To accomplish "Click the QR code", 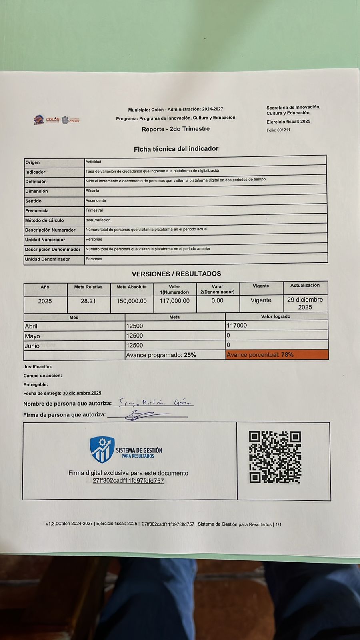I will [x=274, y=457].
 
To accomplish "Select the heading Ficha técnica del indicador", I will [x=176, y=149].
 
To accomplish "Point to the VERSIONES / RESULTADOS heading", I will [x=176, y=274].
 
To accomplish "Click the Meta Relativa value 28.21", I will [x=88, y=301].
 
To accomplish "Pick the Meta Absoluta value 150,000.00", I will [x=132, y=301].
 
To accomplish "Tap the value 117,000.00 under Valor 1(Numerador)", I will [x=174, y=301].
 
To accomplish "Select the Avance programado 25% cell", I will [x=161, y=355].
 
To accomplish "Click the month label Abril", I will [x=31, y=326].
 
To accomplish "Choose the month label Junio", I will [x=32, y=346].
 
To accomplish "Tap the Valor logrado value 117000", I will [x=237, y=326].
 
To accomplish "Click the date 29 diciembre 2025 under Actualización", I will [x=305, y=303].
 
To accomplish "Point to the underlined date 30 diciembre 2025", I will [x=82, y=393].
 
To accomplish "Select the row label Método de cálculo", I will [x=44, y=220].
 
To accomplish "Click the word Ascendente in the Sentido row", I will [x=96, y=200].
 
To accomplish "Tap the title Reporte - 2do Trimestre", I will [x=176, y=129].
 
